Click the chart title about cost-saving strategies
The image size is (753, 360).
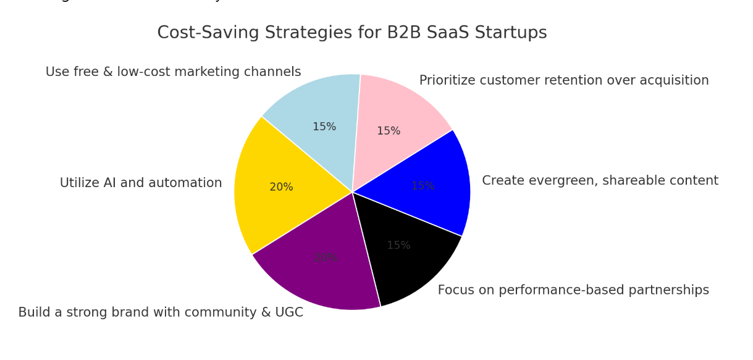pos(352,33)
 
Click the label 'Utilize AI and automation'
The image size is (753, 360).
pos(141,183)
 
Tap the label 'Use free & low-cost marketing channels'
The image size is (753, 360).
pos(173,72)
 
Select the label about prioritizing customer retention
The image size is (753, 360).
pos(564,81)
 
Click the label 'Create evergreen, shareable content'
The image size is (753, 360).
pos(600,181)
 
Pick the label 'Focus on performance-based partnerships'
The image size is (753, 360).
pos(573,290)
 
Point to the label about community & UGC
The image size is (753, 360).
pos(161,312)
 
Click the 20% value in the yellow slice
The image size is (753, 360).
pos(281,187)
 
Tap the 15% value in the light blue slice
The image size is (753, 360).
pos(324,127)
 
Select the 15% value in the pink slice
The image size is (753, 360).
pos(389,132)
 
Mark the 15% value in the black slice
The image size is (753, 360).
pos(398,246)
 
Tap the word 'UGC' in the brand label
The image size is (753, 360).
pos(288,312)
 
